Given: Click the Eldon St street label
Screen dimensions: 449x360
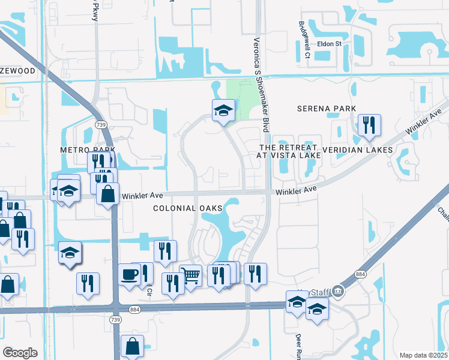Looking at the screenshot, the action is pos(329,44).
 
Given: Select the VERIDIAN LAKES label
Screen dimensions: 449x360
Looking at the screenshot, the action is pos(357,149).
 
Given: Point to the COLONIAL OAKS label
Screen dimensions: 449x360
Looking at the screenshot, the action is pos(187,208).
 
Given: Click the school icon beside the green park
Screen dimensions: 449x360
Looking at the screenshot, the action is pos(223,110).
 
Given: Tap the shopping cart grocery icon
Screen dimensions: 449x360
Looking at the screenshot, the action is pos(190,276).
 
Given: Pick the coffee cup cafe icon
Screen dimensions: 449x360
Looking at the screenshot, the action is pos(130,274).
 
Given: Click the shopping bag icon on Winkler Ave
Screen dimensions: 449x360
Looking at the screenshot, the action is pos(107,194).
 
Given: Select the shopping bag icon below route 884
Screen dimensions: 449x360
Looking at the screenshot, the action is pos(132,346).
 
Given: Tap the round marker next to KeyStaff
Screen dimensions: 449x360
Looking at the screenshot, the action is pos(338,292).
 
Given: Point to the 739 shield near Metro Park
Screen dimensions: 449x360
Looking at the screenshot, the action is pos(100,124).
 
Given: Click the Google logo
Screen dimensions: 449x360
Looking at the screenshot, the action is pos(20,353).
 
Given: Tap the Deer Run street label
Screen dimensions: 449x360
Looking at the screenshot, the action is pos(298,346).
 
